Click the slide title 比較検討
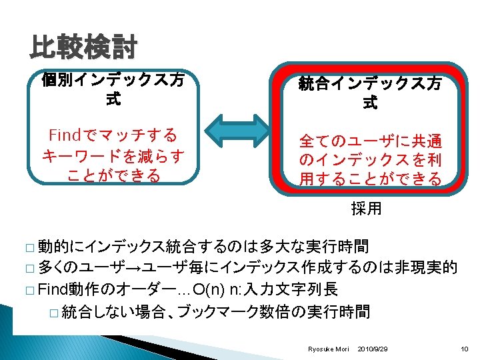(83, 48)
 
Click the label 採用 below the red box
(367, 209)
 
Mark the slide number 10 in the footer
(465, 349)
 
